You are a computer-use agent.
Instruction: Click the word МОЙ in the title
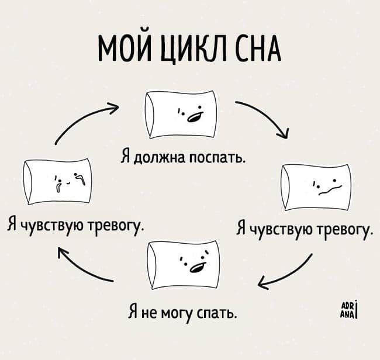pos(120,50)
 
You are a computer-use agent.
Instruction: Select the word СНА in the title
pos(258,50)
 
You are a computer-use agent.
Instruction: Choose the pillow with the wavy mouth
pos(316,187)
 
